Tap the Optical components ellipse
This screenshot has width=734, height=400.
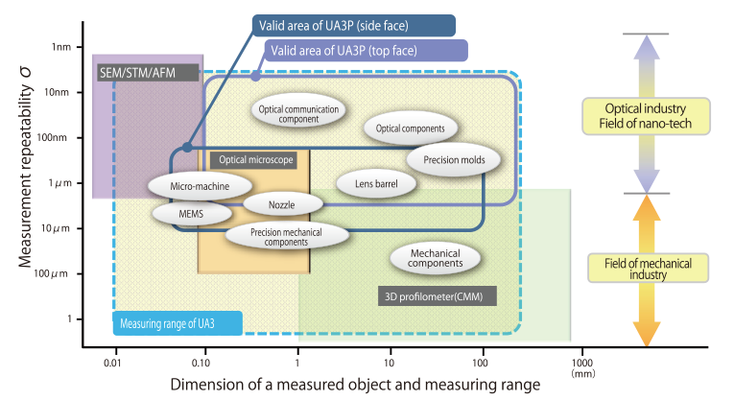click(x=410, y=129)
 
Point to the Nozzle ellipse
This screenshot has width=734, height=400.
click(x=281, y=204)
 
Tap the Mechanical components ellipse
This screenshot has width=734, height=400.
click(x=437, y=257)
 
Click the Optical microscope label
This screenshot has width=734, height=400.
click(x=251, y=160)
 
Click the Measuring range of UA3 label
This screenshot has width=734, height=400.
click(x=177, y=322)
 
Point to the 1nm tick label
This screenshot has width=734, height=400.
click(x=61, y=47)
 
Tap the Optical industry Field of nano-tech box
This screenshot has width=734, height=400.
click(x=646, y=116)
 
